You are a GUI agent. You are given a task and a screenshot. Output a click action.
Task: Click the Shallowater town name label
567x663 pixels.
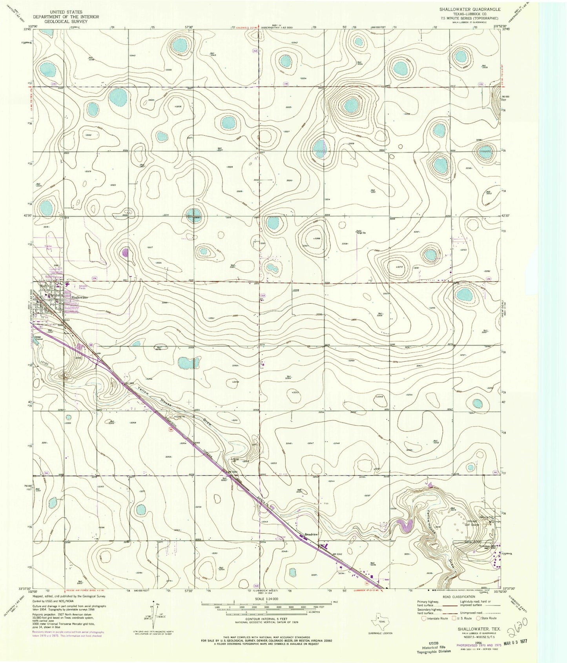(79, 297)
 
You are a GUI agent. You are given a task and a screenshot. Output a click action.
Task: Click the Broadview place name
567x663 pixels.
(313, 534)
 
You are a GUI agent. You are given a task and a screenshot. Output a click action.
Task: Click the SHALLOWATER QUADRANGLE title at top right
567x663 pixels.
(464, 9)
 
